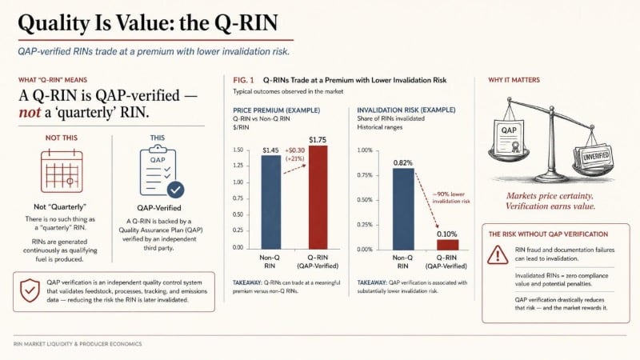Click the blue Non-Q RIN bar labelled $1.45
tap(270, 202)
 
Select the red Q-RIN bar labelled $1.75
tap(318, 197)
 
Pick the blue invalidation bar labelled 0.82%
tap(403, 209)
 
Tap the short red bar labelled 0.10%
tap(447, 245)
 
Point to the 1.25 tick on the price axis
tap(238, 166)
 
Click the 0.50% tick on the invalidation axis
tap(365, 200)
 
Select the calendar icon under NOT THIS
tap(62, 170)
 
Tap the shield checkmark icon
tap(30, 290)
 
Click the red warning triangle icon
tap(498, 254)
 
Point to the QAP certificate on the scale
tap(509, 136)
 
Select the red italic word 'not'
tap(30, 112)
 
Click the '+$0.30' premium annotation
tap(294, 150)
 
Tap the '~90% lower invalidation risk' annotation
tap(451, 198)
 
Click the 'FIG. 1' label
tap(243, 80)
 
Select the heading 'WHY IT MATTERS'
tap(514, 80)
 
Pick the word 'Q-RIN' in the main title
tap(246, 23)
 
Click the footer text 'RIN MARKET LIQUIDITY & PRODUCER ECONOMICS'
tap(78, 344)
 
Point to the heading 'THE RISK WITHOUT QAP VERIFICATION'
tap(548, 234)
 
